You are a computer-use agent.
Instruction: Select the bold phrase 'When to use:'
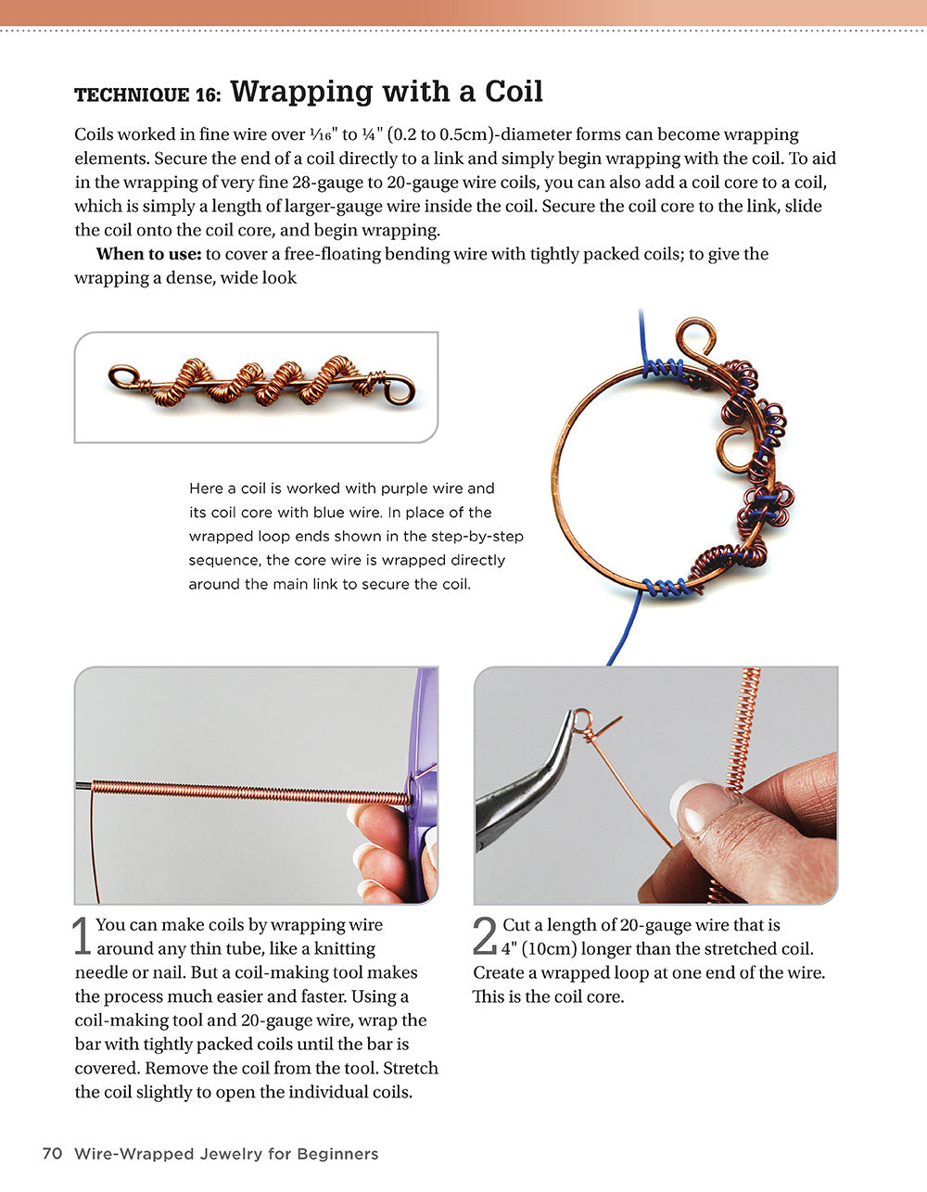tap(148, 254)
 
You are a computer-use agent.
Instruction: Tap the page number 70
tap(52, 1154)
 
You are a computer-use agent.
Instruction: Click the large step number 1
tap(83, 936)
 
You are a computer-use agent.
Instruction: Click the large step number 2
tap(485, 936)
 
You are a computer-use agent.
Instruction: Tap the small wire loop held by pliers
tap(581, 719)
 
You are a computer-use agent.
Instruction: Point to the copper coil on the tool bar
tap(250, 793)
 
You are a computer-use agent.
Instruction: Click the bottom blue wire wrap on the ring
tap(667, 587)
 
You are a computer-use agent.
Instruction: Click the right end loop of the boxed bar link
tap(400, 387)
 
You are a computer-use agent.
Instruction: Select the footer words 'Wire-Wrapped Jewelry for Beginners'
tap(226, 1154)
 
